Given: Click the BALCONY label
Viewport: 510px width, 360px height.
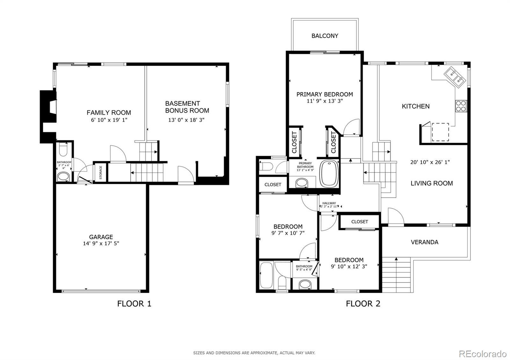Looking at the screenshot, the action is click(325, 36).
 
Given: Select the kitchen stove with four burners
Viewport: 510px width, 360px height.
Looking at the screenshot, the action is click(461, 106).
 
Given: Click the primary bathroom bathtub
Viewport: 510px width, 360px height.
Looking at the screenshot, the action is click(329, 173).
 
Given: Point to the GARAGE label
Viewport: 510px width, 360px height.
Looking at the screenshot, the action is click(101, 237).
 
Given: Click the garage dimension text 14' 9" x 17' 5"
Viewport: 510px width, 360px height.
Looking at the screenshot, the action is click(101, 243).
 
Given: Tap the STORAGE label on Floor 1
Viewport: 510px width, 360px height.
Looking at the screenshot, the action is click(101, 172).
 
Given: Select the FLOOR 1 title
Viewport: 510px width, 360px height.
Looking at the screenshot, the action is click(134, 304).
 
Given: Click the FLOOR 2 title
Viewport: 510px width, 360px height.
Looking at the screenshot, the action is click(363, 304).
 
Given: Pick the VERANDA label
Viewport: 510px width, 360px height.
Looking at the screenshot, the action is click(425, 242).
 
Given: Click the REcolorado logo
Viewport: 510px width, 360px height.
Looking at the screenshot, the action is click(483, 354).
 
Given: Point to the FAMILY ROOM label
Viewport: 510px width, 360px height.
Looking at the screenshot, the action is click(109, 113).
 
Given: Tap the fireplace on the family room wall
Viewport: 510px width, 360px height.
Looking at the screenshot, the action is click(48, 117).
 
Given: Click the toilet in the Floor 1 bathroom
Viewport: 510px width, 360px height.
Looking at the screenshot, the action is click(63, 149).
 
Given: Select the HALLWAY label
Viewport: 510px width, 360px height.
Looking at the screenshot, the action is click(329, 203).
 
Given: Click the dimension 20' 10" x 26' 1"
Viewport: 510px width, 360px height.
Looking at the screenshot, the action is click(430, 162).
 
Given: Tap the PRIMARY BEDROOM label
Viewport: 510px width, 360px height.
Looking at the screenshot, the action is click(325, 94).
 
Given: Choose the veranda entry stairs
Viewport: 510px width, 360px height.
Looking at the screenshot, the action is click(396, 275).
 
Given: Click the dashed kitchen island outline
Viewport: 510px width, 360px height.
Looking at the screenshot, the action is click(440, 132).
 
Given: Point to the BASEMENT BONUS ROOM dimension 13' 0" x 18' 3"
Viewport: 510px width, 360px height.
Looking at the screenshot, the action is click(186, 120).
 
